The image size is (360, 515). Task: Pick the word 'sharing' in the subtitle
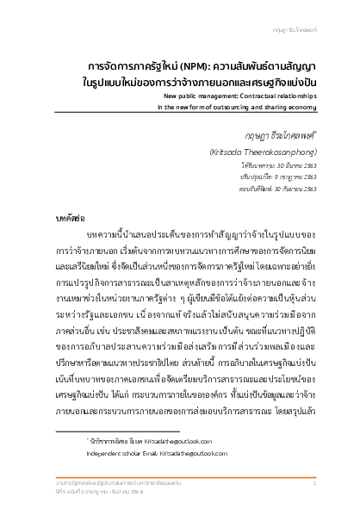coord(275,109)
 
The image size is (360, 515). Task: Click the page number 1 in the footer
coord(314,487)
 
